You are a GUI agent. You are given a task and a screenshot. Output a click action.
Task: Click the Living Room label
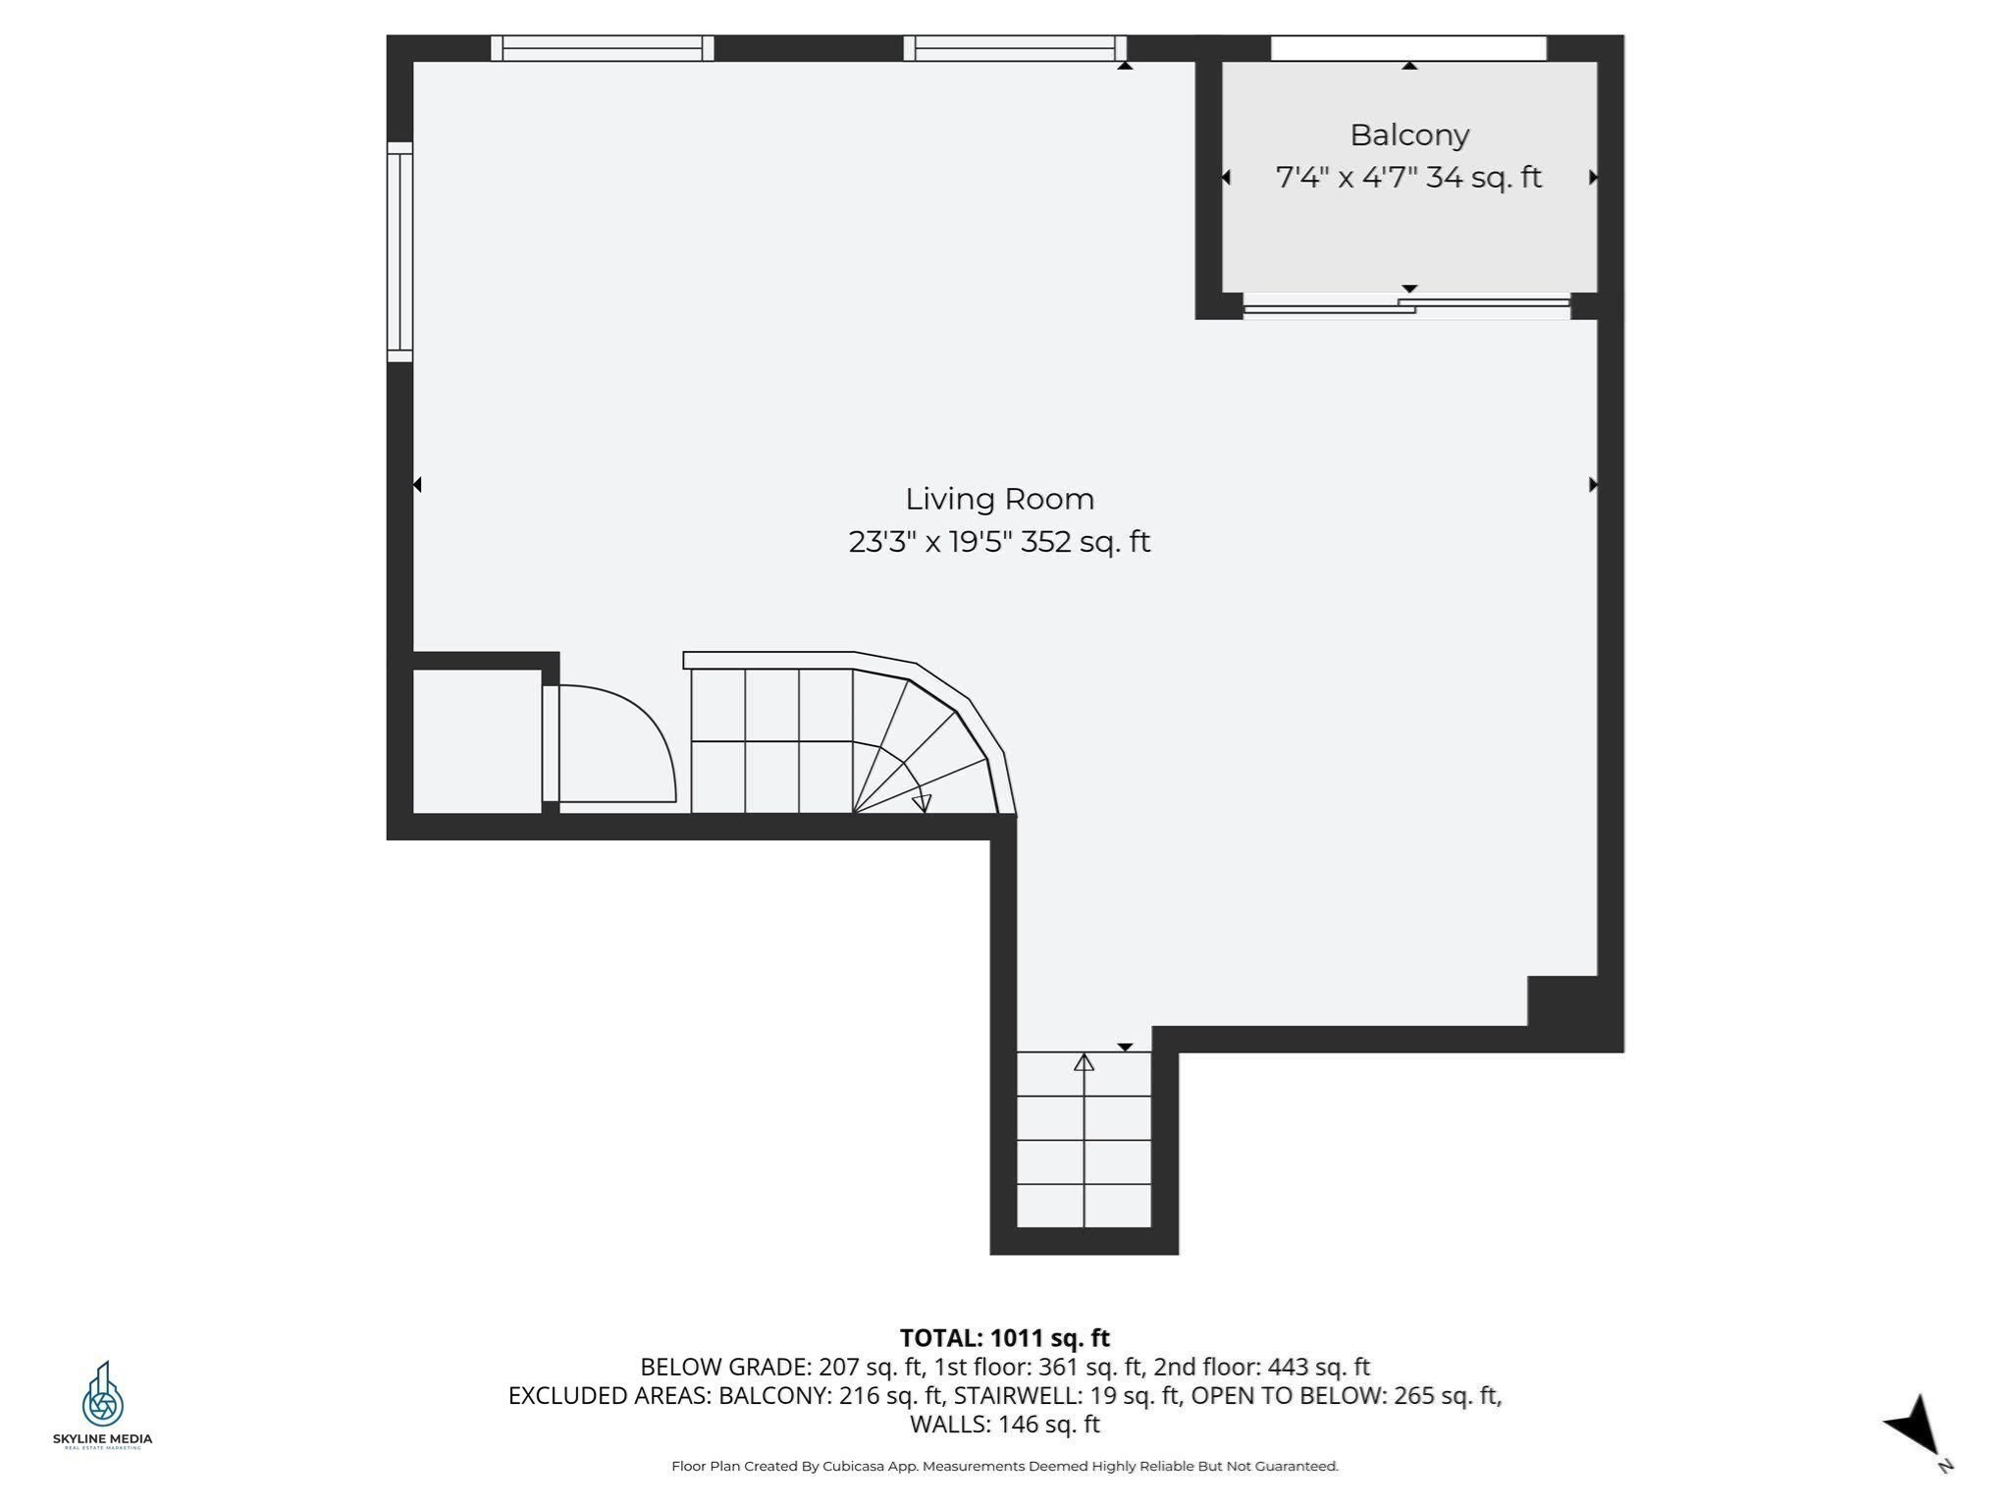(999, 499)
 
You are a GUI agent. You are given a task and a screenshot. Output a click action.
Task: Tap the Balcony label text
(1408, 135)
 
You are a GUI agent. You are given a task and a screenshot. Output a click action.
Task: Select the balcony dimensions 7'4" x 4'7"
(1346, 178)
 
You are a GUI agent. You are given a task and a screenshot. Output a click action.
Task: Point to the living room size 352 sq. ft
(1084, 542)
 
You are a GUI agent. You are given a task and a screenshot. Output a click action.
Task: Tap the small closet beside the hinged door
(476, 741)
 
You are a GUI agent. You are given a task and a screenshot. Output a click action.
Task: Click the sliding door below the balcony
(1405, 306)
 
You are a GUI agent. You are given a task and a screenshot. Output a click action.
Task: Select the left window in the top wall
(602, 48)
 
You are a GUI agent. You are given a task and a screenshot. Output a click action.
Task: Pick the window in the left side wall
(399, 251)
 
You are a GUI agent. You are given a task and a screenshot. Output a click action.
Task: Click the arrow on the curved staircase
(921, 802)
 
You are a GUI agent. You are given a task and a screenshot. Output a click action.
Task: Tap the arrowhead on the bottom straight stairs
(1084, 1062)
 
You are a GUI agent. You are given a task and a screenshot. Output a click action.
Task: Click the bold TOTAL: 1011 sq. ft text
(1004, 1338)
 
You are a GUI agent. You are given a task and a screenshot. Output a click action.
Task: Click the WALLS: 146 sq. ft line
(1004, 1424)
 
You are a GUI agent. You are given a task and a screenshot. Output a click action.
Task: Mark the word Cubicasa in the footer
(849, 1466)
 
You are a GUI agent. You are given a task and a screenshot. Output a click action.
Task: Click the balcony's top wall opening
(1408, 48)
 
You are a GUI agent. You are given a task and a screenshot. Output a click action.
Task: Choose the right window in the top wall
(1014, 48)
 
